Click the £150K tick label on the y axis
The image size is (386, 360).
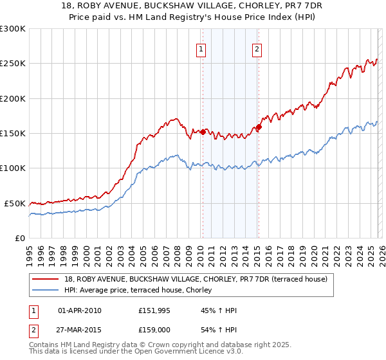[13, 133]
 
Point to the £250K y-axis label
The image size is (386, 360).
[13, 64]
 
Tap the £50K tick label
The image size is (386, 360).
[15, 203]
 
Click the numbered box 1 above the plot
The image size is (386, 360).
[201, 50]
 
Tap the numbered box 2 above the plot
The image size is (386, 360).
[257, 50]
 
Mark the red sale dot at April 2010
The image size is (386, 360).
[203, 132]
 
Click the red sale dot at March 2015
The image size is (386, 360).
[259, 127]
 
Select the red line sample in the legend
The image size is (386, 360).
[46, 279]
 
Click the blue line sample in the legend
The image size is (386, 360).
[46, 290]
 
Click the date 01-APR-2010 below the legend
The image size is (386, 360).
[79, 310]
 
